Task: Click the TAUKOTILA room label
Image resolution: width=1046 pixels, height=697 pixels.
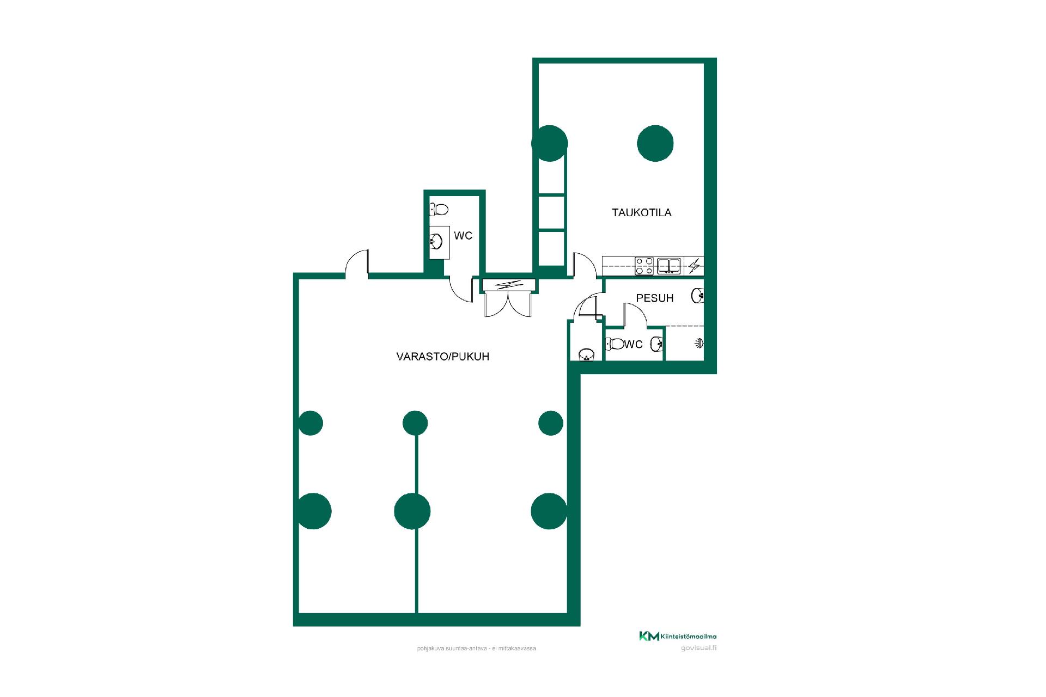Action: [x=641, y=212]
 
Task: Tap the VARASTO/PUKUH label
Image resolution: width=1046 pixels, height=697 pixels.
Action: [x=442, y=357]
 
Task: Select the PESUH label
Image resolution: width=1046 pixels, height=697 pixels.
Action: [x=655, y=298]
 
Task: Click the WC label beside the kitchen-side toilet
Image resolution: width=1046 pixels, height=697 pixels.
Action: [x=634, y=344]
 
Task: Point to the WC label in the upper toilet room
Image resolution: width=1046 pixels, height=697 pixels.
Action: [x=463, y=236]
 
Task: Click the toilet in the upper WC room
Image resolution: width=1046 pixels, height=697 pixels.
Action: [x=439, y=209]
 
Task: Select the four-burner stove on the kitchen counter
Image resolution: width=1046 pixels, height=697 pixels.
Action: [x=644, y=266]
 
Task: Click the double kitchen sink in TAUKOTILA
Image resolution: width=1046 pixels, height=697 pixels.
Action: [x=668, y=266]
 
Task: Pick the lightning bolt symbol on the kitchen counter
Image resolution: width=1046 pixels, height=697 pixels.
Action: [x=694, y=266]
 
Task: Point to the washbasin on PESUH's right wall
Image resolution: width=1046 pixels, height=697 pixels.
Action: [x=697, y=296]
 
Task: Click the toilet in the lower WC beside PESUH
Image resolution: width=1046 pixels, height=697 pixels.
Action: [x=615, y=344]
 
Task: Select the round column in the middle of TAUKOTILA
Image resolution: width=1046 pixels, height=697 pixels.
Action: [x=655, y=143]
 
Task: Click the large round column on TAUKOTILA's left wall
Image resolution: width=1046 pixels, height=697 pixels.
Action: [x=550, y=143]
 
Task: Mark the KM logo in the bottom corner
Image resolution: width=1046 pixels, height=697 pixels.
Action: [x=649, y=636]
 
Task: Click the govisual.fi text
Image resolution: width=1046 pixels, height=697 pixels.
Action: [x=698, y=648]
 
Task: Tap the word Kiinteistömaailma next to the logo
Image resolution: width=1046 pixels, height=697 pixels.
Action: [x=689, y=636]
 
